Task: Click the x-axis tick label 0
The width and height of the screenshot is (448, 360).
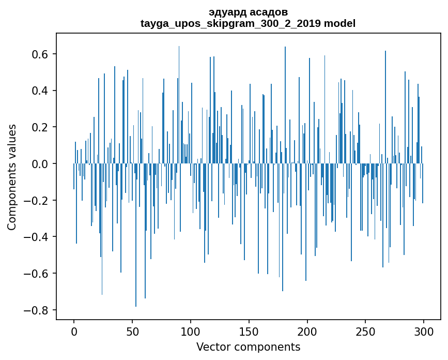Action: pos(74,331)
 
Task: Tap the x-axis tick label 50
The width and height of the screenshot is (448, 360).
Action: pos(132,331)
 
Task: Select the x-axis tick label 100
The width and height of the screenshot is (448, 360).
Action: pos(191,331)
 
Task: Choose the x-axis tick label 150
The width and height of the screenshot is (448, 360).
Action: pos(249,331)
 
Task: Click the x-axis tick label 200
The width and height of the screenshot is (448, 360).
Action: pos(307,331)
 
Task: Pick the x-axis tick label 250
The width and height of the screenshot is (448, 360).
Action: pos(366,331)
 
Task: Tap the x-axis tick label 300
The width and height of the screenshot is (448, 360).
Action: pos(424,331)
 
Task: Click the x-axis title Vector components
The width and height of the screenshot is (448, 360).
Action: pos(248,347)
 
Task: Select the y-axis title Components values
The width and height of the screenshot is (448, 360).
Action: pos(12,177)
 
